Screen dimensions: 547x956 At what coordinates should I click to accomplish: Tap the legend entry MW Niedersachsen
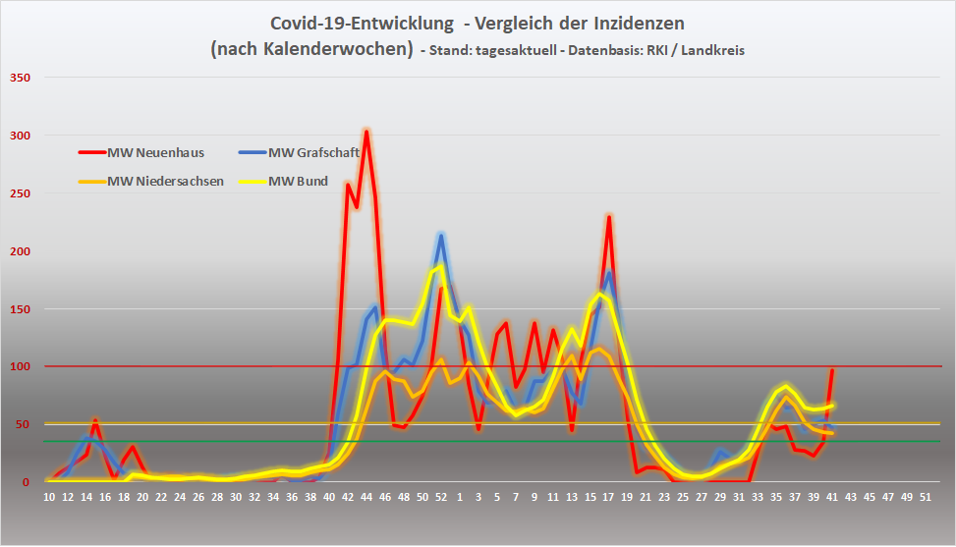pos(165,181)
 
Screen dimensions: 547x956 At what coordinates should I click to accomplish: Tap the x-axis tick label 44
pos(366,498)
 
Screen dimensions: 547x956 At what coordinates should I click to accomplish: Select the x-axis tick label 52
pos(441,498)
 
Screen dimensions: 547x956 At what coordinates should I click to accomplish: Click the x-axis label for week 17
pos(609,498)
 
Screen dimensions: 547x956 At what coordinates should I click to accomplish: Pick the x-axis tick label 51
pos(926,498)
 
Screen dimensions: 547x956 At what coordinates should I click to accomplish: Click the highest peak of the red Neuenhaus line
pos(366,132)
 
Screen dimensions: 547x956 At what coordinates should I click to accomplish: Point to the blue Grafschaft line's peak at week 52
pos(441,236)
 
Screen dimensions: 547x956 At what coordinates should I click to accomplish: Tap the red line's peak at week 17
pos(609,217)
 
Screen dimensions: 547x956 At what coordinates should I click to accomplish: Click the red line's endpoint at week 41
pos(832,370)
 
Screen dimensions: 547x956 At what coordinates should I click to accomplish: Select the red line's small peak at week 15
pos(95,421)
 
